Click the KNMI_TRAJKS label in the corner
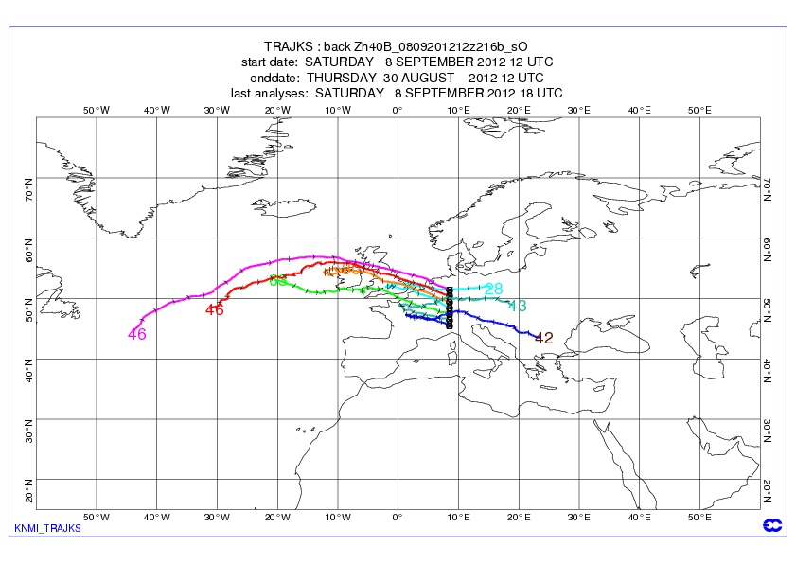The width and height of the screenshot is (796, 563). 47,528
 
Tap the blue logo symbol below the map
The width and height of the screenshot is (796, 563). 769,525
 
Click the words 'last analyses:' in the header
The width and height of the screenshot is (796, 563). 270,93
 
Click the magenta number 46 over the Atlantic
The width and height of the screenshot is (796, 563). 137,334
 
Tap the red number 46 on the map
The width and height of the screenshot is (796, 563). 215,309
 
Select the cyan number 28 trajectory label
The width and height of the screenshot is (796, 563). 493,289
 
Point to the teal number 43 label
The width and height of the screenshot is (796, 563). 517,306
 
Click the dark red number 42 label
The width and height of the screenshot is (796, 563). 544,338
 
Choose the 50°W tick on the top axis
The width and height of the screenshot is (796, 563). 97,110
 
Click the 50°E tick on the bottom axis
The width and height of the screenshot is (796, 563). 699,518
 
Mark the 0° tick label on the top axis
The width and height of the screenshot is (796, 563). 398,110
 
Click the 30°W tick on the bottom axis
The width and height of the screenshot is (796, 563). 217,518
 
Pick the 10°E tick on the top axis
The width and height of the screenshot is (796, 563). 458,110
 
